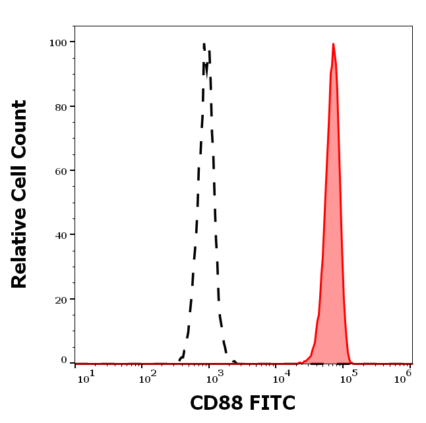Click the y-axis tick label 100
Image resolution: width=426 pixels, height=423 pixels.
click(58, 42)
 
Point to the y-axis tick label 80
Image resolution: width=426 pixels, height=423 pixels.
click(61, 106)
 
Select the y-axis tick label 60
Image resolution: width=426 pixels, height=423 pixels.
click(61, 170)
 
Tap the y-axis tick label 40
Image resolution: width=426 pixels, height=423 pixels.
click(61, 234)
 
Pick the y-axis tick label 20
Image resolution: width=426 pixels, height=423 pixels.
click(61, 299)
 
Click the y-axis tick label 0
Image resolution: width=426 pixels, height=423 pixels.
click(64, 360)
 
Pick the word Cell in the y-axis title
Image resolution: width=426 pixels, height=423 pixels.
click(19, 174)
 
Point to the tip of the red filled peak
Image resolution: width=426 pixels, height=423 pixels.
click(333, 45)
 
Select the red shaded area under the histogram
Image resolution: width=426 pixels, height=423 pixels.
click(332, 264)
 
